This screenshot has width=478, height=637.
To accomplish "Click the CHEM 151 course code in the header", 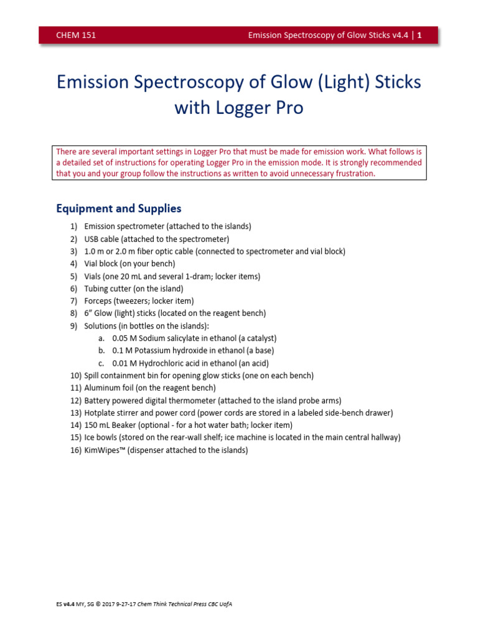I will tap(76, 35).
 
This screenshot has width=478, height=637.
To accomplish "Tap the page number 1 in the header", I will tap(419, 35).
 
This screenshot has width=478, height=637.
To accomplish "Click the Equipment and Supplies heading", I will tap(118, 208).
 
